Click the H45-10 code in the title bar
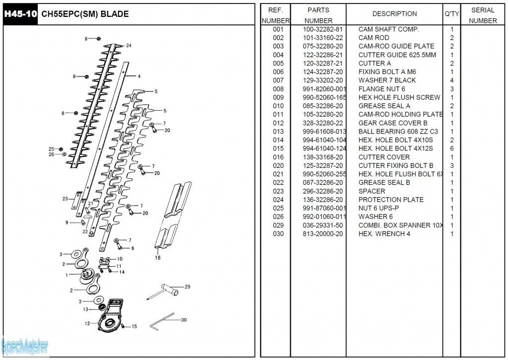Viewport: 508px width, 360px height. click(20, 14)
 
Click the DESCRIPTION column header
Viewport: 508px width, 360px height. click(394, 14)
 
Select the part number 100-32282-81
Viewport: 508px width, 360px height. click(322, 29)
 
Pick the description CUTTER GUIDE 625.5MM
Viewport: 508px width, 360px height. click(397, 55)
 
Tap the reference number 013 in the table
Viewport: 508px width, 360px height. click(278, 132)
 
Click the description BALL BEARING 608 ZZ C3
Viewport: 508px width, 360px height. click(398, 132)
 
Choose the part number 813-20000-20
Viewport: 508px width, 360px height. click(322, 234)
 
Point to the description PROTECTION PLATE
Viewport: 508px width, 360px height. click(391, 200)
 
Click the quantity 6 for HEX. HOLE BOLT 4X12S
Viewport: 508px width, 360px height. click(452, 148)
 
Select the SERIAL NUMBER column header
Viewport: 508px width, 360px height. click(483, 15)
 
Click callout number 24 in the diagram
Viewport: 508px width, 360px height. click(128, 46)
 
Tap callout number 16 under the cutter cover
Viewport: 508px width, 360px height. click(158, 258)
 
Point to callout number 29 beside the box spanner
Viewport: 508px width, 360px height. click(188, 287)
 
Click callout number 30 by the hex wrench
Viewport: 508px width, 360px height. click(184, 320)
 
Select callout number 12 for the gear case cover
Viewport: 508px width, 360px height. click(87, 323)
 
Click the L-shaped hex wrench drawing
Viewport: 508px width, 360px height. click(162, 321)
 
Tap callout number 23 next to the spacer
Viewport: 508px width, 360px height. click(65, 199)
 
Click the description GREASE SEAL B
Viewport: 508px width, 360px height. click(384, 183)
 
